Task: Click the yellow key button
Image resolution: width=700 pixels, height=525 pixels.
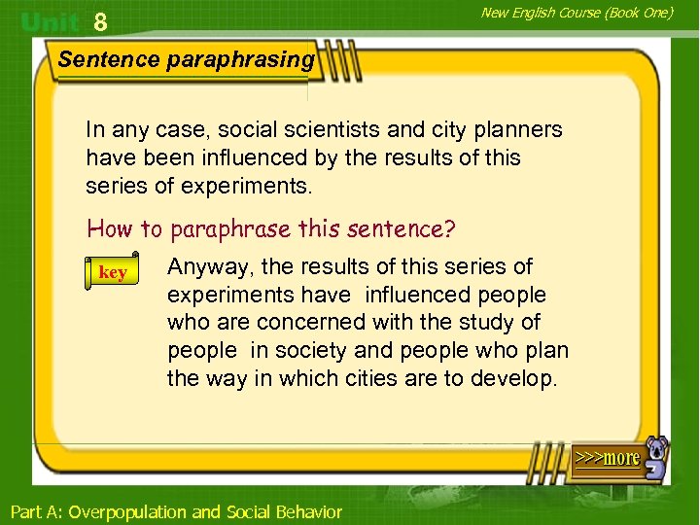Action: click(113, 272)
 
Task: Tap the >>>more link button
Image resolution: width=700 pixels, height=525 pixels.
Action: click(607, 457)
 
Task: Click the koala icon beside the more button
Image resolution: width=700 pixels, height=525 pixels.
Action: click(657, 458)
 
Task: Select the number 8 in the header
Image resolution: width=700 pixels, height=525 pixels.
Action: click(100, 21)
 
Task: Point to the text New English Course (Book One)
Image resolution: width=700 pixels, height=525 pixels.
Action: click(577, 12)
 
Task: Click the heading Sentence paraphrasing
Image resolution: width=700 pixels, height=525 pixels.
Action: click(187, 59)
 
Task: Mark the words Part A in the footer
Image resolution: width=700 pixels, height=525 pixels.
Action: click(35, 511)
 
